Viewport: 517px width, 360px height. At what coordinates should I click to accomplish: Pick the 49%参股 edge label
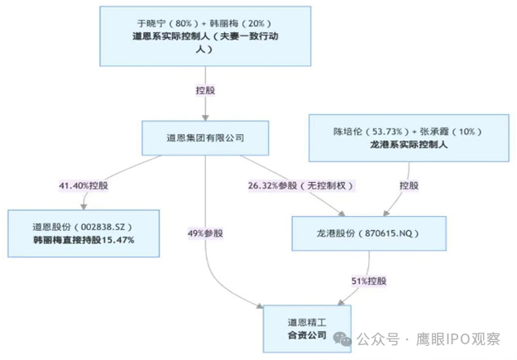click(x=209, y=234)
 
